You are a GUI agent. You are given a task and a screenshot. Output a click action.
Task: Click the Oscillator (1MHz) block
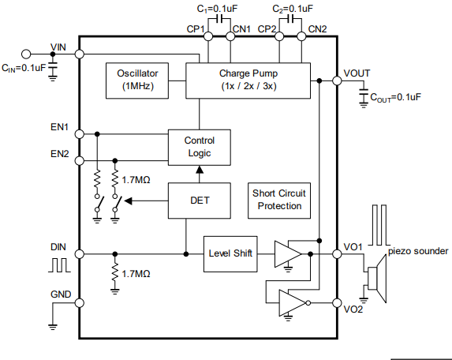click(137, 81)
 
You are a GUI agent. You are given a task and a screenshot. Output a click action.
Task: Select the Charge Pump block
click(248, 81)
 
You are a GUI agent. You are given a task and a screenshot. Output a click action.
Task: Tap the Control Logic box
click(200, 148)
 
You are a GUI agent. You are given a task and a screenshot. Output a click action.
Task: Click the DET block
click(200, 201)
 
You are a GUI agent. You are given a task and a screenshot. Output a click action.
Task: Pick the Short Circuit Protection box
click(279, 201)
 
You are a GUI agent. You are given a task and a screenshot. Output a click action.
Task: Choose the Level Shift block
click(230, 254)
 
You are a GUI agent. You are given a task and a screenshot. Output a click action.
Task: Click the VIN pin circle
click(79, 54)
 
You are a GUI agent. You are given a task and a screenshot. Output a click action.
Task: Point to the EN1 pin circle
click(79, 134)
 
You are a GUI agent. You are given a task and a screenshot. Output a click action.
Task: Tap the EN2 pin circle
click(79, 161)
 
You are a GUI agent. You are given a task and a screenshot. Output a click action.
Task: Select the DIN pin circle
click(79, 254)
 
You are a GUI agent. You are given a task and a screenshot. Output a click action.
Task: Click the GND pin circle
click(79, 303)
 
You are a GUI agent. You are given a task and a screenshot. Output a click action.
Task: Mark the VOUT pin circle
click(337, 81)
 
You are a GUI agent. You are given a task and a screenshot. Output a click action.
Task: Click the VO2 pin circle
click(337, 303)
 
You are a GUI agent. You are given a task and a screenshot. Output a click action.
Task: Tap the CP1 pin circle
click(208, 36)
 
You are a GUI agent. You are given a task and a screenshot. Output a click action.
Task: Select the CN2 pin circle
click(301, 36)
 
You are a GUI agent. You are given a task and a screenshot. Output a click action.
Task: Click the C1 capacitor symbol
click(219, 19)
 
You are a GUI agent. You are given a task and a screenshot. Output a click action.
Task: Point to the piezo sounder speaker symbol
click(376, 279)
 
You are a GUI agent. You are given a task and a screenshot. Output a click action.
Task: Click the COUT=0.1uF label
click(395, 98)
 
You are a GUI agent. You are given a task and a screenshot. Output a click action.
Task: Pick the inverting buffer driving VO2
click(294, 303)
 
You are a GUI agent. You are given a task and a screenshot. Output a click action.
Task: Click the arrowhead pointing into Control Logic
click(200, 170)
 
